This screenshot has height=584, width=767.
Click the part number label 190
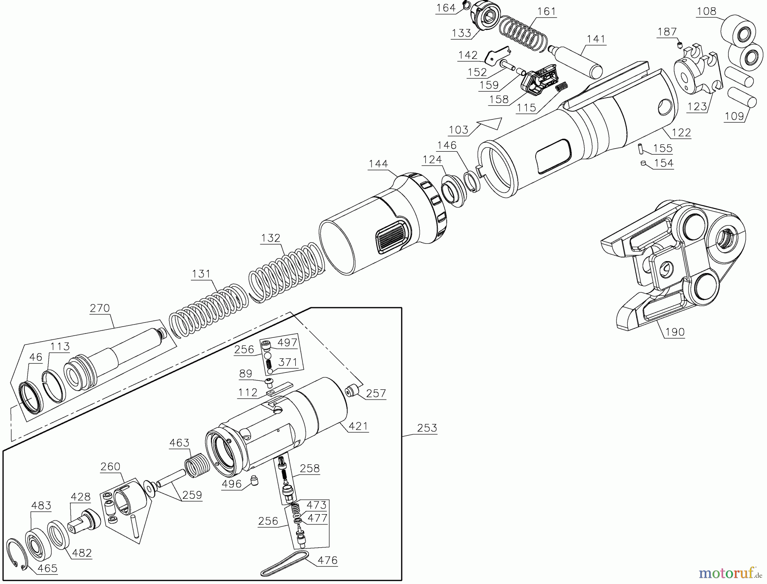[675, 331]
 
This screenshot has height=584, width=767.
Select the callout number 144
[378, 164]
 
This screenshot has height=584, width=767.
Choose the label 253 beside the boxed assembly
[427, 428]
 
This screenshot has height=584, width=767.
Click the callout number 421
[358, 426]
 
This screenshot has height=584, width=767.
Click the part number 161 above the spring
[547, 11]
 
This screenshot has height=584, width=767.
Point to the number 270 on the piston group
[100, 308]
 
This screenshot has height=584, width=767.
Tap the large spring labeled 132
[283, 273]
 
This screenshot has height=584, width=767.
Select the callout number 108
[706, 11]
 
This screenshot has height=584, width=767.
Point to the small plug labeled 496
[254, 480]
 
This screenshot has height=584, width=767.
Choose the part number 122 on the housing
[680, 132]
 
